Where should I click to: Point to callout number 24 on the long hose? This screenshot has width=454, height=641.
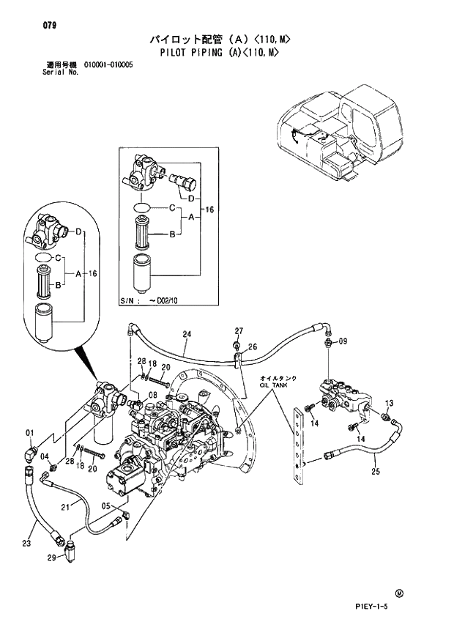(x=187, y=335)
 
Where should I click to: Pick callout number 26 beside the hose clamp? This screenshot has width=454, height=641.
(x=252, y=347)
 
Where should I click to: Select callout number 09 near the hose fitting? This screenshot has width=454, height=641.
(x=343, y=341)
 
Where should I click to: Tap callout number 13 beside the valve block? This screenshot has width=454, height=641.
(x=390, y=404)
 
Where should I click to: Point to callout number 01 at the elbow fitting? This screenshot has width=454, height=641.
(x=31, y=431)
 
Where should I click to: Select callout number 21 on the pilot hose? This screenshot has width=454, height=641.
(x=65, y=508)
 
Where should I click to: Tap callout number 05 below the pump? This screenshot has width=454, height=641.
(x=106, y=506)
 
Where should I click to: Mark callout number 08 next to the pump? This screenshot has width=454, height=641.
(x=152, y=396)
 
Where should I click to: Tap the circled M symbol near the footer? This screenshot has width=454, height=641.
(x=400, y=593)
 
